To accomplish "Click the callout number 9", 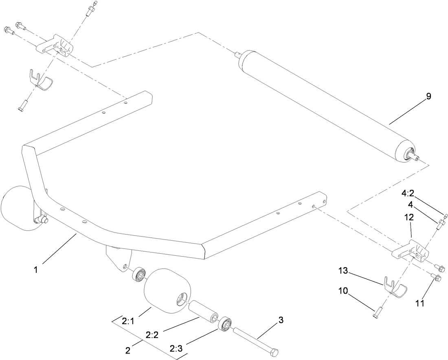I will pos(428,97).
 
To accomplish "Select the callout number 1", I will pos(36,270).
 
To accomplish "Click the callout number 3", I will pos(281,320).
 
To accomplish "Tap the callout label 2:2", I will pos(152,335).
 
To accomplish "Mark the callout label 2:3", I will pos(176,349).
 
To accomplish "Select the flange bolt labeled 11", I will pos(437,279).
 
